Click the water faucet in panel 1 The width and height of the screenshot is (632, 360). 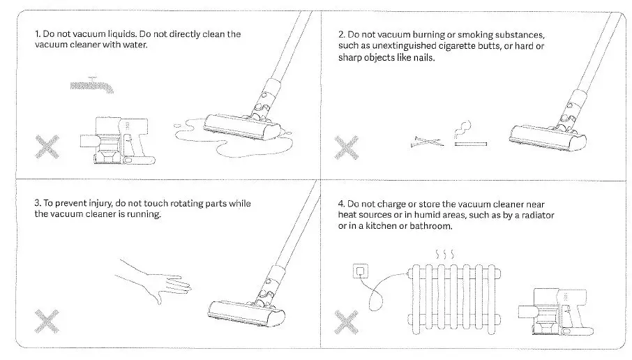coord(90,86)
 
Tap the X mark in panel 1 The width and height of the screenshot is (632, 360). coord(48,147)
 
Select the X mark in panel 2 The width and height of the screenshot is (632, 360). coord(346,147)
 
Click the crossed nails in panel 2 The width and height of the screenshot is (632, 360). coord(427,142)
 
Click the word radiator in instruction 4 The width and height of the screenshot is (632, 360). coord(534,216)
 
